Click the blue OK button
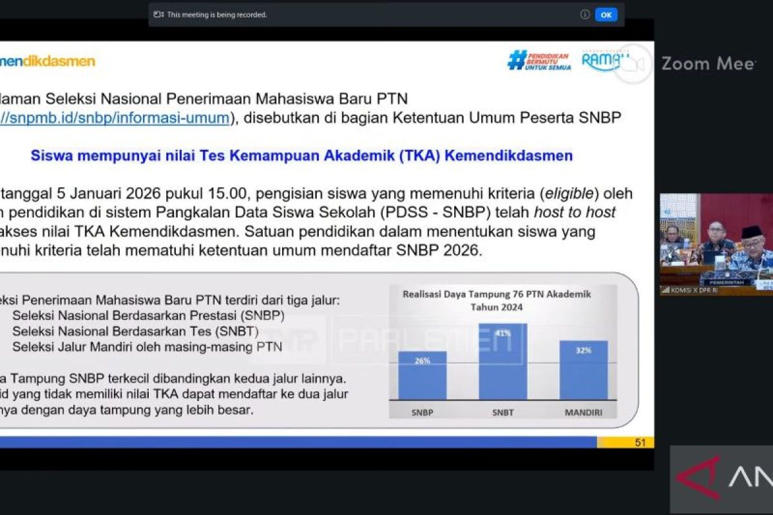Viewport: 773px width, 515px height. pos(606,14)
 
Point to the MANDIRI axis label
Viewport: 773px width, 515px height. pos(584,412)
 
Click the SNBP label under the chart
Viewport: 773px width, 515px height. pos(422,412)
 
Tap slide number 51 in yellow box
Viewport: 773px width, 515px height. pos(640,442)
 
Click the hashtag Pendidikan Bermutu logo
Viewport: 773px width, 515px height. pos(539,61)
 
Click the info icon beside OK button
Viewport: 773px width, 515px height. pos(584,14)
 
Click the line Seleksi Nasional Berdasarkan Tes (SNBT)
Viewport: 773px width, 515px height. pos(135,332)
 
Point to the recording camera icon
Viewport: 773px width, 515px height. pos(159,14)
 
